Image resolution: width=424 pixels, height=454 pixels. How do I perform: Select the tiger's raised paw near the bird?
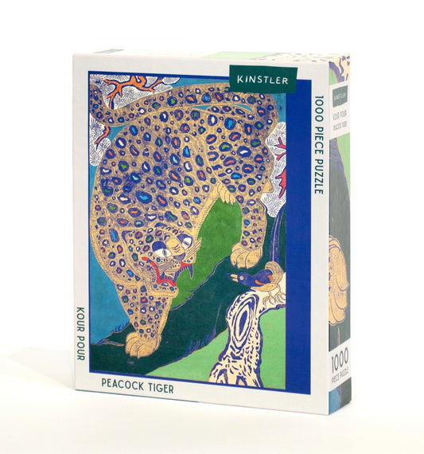(x=243, y=252)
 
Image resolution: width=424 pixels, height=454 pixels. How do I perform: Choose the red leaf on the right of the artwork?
(x=282, y=183)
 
